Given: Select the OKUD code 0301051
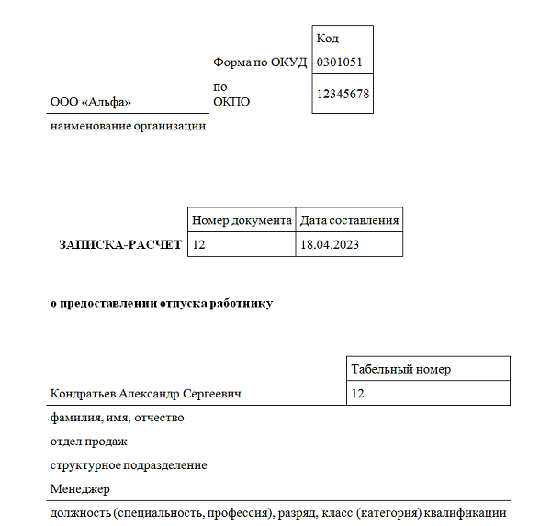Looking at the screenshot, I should tap(339, 62).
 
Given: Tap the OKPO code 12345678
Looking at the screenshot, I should tap(343, 94).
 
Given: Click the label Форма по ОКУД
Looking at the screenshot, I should tap(260, 62).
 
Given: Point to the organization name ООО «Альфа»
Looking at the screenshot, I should tap(91, 102).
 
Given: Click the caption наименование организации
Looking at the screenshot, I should tap(128, 126).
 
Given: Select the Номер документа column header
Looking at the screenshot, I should tap(242, 220).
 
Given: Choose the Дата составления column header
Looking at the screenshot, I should tap(350, 220).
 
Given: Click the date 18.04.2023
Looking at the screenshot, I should tap(329, 245).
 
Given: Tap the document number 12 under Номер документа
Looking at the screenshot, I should tap(199, 245).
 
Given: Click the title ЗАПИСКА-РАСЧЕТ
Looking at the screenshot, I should tap(120, 245).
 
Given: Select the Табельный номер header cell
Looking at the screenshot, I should tap(400, 369).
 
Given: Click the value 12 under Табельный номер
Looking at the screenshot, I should tap(358, 394).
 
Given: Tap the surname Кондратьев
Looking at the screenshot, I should tap(84, 394).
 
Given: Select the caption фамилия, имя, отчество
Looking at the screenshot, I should tap(117, 418).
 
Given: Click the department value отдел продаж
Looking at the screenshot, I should tap(88, 442).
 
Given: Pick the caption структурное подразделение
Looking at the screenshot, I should tap(128, 465).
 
